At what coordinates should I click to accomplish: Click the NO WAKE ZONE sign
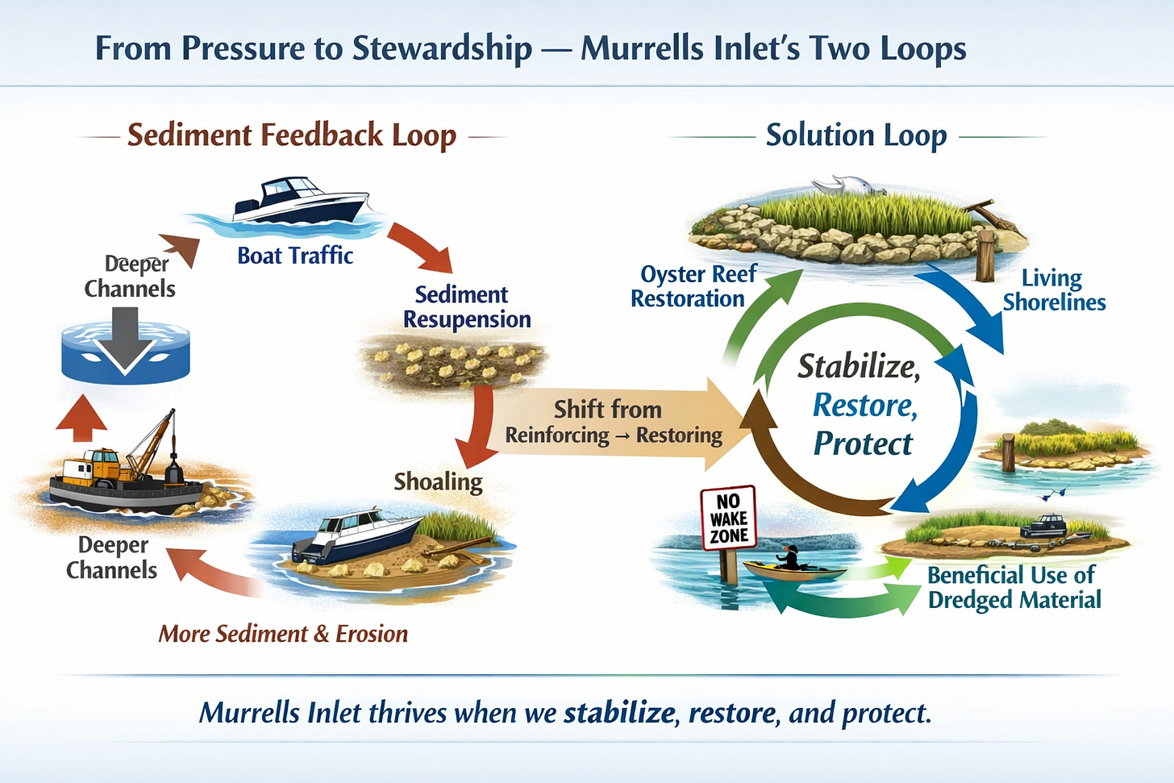(x=729, y=518)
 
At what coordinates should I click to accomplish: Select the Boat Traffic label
(x=295, y=256)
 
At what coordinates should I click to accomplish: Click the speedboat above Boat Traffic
(x=300, y=201)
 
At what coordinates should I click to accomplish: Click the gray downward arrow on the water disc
(x=125, y=340)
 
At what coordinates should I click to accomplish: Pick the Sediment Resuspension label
(x=466, y=307)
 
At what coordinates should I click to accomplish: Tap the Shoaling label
(x=438, y=482)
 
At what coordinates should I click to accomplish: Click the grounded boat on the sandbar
(x=356, y=535)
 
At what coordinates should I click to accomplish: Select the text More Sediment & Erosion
(x=283, y=634)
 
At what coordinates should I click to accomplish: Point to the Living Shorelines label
(x=1054, y=290)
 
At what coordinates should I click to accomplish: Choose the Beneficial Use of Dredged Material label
(x=1014, y=588)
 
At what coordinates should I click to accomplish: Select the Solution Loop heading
(x=856, y=135)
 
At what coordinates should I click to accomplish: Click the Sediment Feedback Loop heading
(x=292, y=135)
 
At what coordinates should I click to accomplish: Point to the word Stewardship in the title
(x=442, y=48)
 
